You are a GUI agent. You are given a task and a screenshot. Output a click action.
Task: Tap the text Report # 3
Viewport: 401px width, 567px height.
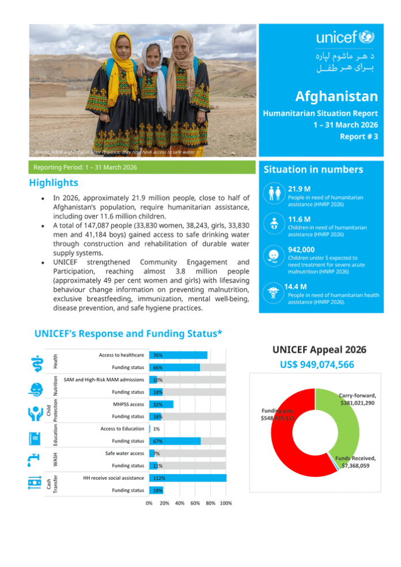point(358,137)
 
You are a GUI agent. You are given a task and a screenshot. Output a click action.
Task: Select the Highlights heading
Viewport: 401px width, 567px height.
point(54,183)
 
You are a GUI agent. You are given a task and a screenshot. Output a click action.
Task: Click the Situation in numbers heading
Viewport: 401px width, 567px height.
point(313,170)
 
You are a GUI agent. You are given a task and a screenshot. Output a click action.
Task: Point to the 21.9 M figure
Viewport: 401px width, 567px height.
point(300,189)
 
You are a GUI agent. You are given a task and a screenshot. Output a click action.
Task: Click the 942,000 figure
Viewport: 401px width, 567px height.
point(303,250)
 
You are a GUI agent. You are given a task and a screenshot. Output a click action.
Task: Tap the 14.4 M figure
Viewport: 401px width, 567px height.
point(296,286)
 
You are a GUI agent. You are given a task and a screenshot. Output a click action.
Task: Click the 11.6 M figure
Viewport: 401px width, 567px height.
point(300,219)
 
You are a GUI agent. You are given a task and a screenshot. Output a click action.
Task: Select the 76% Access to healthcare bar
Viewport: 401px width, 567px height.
point(178,355)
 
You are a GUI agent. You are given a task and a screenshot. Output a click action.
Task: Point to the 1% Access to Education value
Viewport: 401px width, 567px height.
point(157,429)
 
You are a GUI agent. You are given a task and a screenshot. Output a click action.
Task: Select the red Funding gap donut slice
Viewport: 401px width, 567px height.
point(282,438)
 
